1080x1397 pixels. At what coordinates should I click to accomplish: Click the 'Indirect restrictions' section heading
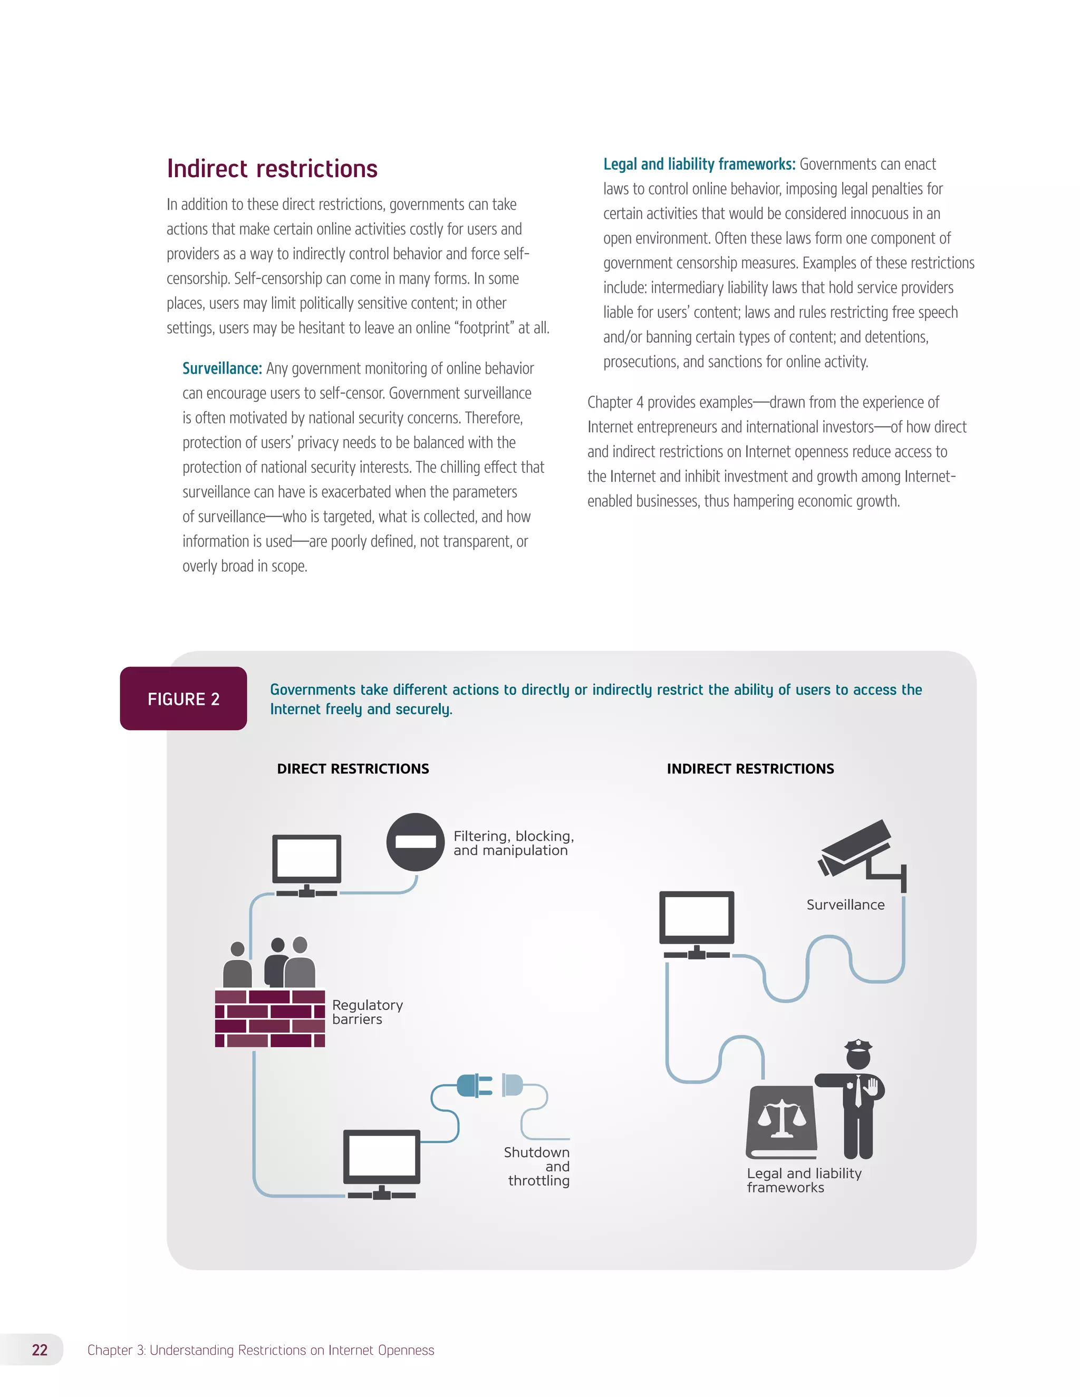pos(272,169)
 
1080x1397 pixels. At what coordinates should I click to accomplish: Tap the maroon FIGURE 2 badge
pos(184,698)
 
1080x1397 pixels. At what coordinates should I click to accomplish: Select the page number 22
pos(40,1350)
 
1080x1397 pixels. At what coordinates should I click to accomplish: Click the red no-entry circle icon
pos(415,842)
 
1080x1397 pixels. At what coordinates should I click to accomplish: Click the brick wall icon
pos(270,1017)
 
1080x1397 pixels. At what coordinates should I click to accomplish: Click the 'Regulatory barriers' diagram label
pos(367,1012)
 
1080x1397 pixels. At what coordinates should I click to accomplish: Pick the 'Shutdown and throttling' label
pos(537,1166)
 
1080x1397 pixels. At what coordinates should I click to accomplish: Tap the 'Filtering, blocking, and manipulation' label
pos(513,843)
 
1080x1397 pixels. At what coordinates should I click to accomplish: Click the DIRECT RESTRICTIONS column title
pos(353,769)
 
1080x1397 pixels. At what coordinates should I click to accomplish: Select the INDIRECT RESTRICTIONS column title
pos(750,769)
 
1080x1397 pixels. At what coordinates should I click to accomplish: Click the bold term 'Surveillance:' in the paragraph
pos(222,368)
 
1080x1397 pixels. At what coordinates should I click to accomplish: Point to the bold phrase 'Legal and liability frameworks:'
pos(699,164)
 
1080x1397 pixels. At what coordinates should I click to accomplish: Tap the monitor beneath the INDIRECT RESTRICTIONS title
pos(697,921)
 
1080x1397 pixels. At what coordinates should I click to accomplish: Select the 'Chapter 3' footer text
pos(261,1350)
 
